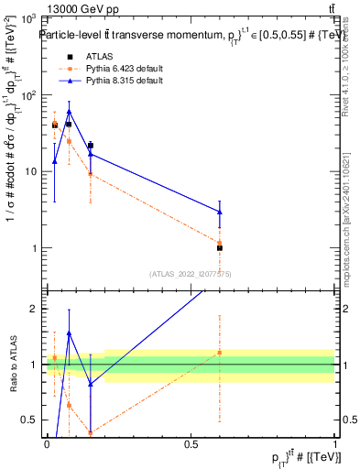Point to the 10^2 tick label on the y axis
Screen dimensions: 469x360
[x=27, y=95]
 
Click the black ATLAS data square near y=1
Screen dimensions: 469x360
[x=220, y=248]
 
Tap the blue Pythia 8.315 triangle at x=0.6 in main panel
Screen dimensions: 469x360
[x=220, y=212]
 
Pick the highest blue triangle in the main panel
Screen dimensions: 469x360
[x=69, y=112]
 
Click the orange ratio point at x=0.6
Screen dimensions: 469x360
[x=220, y=352]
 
